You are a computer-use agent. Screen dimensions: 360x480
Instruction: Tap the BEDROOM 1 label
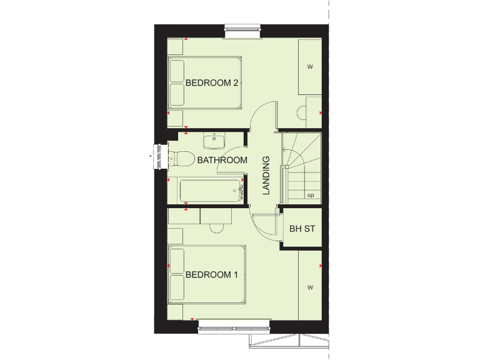(x=212, y=274)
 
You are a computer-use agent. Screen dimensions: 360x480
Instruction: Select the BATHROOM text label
(x=222, y=160)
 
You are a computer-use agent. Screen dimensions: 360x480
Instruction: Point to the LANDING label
(x=266, y=176)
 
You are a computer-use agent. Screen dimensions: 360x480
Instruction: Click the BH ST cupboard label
(x=302, y=229)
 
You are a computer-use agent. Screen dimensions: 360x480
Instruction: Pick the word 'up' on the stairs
(x=310, y=195)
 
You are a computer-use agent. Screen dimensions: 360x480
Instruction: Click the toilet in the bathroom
(x=182, y=159)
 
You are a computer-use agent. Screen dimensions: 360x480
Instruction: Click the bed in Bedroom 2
(x=204, y=83)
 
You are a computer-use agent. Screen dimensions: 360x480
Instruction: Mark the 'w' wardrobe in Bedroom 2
(x=310, y=67)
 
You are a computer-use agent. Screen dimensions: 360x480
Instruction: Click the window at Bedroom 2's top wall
(x=243, y=29)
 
